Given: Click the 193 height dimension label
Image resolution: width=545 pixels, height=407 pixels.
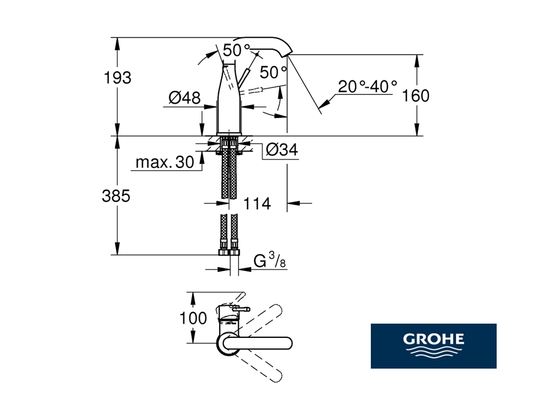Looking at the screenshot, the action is pyautogui.click(x=118, y=78).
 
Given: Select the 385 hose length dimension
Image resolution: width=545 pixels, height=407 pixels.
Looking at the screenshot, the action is pyautogui.click(x=116, y=196).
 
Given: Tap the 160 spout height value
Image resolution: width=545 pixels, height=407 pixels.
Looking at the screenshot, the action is pyautogui.click(x=416, y=96).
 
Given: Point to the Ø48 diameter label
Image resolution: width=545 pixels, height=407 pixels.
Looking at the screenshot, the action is pyautogui.click(x=185, y=98).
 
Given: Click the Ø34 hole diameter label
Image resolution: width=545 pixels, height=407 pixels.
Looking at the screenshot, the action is pyautogui.click(x=282, y=150).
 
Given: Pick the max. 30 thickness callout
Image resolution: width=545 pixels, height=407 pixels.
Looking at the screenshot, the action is pyautogui.click(x=165, y=162).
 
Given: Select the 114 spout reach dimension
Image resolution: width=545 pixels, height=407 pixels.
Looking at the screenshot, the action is pyautogui.click(x=257, y=203).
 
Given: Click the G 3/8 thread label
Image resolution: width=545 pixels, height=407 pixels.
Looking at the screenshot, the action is pyautogui.click(x=270, y=261).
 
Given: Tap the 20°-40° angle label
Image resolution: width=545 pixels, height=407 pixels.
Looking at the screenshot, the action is pyautogui.click(x=368, y=87).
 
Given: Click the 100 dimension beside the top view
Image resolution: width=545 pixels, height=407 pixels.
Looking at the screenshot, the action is pyautogui.click(x=193, y=318).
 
